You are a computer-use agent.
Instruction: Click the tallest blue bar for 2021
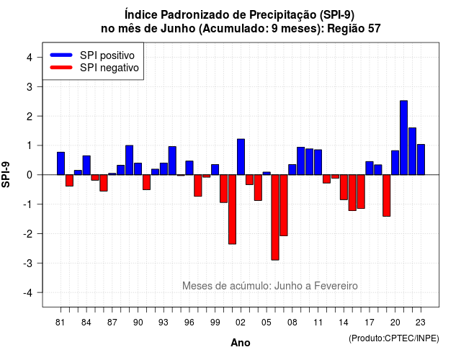point(403,138)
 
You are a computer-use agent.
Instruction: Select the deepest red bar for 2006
point(275,217)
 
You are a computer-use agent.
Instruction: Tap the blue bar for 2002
point(241,157)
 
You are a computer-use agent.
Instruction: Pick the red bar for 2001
point(232,210)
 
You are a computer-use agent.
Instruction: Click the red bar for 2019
point(387,195)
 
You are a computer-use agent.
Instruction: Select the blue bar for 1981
point(61,163)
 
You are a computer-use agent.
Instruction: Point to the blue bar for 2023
point(421,160)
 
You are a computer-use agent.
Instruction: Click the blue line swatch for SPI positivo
point(61,55)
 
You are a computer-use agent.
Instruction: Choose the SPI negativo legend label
point(109,68)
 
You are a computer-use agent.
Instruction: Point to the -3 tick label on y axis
point(28,264)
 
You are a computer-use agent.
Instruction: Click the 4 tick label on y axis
point(30,58)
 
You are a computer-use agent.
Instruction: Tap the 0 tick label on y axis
point(30,175)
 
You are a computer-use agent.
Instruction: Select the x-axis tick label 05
point(267,323)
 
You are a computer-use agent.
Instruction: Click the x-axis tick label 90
point(138,323)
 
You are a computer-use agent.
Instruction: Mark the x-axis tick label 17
point(370,323)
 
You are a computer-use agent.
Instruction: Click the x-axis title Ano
point(241,343)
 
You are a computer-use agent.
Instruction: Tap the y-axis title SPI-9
point(6,174)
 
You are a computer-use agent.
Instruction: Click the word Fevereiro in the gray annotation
point(336,286)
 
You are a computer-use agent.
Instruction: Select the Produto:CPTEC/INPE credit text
point(394,338)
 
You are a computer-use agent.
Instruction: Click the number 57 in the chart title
point(375,29)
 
